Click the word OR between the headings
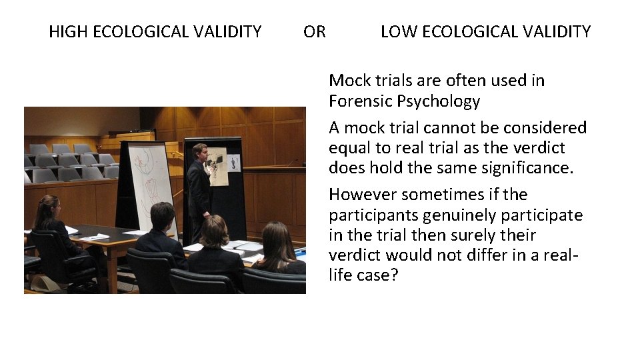click(315, 31)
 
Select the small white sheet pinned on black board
click(233, 163)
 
